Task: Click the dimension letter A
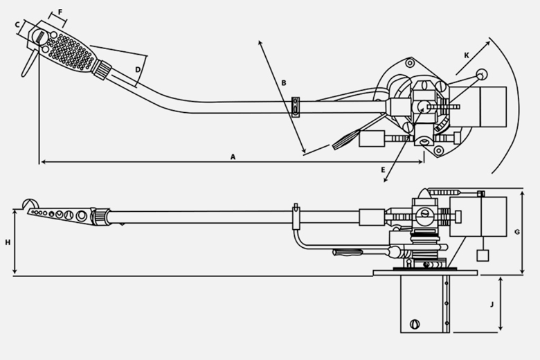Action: click(233, 157)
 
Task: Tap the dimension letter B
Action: click(284, 82)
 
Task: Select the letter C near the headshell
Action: click(17, 24)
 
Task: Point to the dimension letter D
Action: click(138, 70)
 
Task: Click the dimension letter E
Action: click(383, 170)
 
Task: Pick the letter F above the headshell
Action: click(60, 12)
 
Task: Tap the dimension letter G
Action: click(517, 232)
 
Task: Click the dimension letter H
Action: click(8, 242)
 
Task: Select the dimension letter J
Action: click(492, 305)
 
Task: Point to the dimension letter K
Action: click(467, 55)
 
